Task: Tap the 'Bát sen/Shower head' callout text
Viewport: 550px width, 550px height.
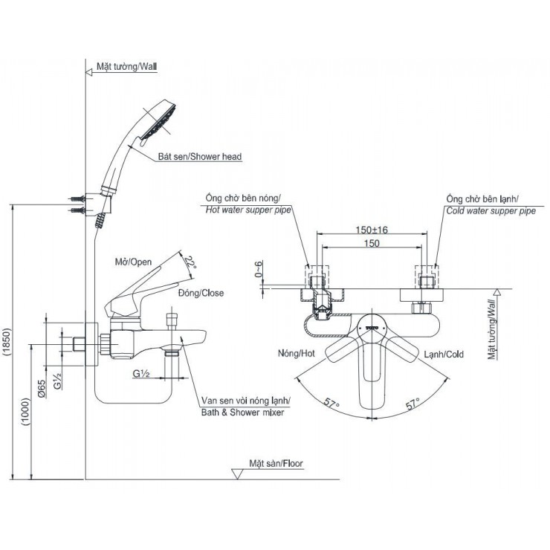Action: (199, 157)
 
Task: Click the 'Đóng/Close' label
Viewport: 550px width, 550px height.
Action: (201, 293)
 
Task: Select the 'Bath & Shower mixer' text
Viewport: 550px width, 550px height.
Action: (242, 412)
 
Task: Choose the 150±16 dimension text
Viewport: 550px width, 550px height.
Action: (372, 230)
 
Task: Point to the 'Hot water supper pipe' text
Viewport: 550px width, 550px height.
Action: (247, 211)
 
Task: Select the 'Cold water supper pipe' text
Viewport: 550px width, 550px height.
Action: (491, 211)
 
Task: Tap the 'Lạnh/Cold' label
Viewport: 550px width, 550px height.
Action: (444, 355)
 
